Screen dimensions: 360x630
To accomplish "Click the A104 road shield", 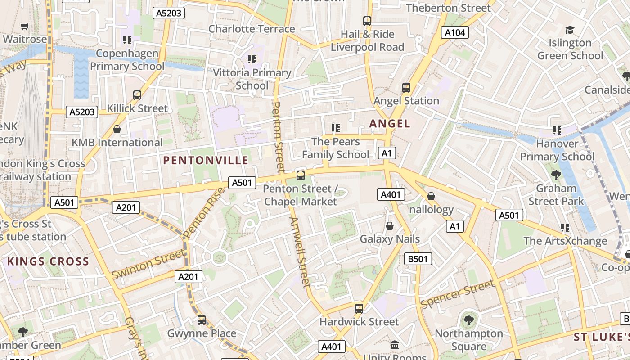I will point(455,32).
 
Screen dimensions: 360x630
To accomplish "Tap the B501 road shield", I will point(418,259).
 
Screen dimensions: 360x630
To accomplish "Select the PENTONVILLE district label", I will point(206,161).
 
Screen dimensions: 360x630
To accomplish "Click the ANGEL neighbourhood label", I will point(390,124).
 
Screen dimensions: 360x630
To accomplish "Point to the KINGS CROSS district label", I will point(48,261).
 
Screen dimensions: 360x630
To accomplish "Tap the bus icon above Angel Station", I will point(406,87).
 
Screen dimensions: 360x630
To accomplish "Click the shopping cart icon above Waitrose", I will point(25,27).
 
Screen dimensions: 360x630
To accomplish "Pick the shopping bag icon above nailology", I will point(431,196).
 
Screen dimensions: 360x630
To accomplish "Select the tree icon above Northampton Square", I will point(468,320).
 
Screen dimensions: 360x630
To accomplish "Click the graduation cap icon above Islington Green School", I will point(570,30).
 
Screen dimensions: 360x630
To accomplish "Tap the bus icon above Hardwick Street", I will point(359,308).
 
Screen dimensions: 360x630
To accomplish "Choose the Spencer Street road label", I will point(457,294).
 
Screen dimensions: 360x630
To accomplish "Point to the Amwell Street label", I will point(300,252).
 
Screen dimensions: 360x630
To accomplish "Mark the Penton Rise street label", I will point(204,213).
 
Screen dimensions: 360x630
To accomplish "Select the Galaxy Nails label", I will point(390,239).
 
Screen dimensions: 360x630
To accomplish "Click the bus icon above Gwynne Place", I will point(202,320).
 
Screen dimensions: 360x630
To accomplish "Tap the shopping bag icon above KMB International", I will point(117,130).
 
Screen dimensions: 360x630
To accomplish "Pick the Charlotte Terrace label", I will point(252,29).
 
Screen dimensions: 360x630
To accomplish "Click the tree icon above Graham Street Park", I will point(556,175).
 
